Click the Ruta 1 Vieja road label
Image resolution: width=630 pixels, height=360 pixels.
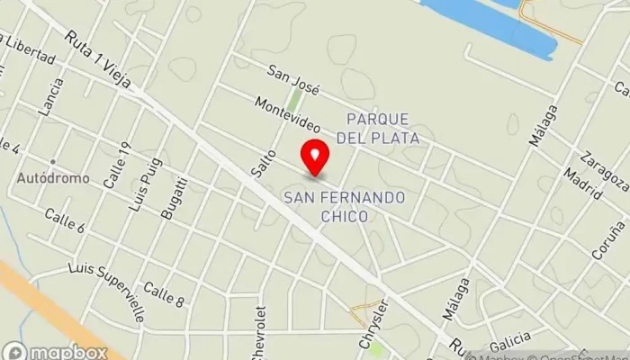(x=98, y=59)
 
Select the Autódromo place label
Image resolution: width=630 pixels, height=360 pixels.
(x=53, y=178)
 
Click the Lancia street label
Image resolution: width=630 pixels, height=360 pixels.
(x=52, y=96)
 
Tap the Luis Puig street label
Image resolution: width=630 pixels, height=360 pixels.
(x=139, y=190)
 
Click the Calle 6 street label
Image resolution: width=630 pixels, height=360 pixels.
(x=64, y=220)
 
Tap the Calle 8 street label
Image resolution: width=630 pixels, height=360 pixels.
(x=164, y=294)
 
